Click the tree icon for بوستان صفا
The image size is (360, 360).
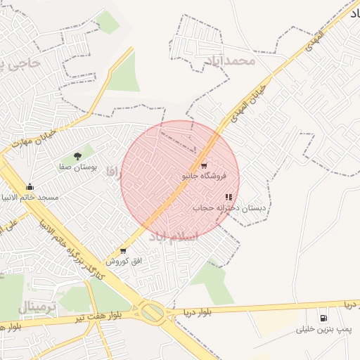(x=77, y=156)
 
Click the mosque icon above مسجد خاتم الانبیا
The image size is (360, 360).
(x=30, y=186)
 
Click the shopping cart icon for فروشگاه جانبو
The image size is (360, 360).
(x=204, y=166)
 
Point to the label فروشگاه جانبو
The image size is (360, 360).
(x=204, y=176)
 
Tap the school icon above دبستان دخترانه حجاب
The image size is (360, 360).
(x=229, y=198)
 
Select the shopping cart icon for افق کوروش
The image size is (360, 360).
(x=124, y=250)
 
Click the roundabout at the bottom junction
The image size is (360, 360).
(x=152, y=311)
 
